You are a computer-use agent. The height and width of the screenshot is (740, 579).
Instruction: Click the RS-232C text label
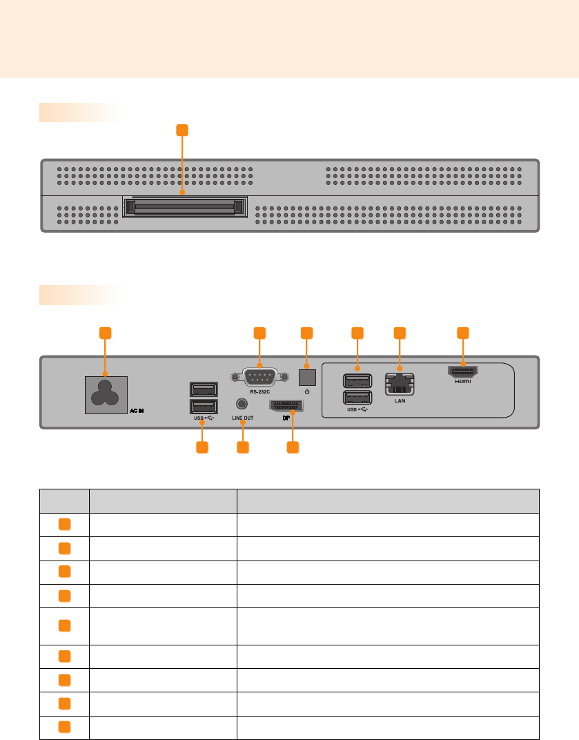point(259,391)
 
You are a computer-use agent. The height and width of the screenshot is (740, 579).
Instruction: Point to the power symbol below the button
point(306,391)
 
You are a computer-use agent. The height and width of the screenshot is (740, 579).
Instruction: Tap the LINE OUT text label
point(242,418)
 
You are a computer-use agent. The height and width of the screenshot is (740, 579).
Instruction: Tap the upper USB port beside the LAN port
point(357,381)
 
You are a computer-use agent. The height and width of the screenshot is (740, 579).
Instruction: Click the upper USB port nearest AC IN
point(203,389)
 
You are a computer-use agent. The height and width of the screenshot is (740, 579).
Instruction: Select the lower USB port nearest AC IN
point(203,407)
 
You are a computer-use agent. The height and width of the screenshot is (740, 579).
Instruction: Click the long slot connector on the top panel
point(183,206)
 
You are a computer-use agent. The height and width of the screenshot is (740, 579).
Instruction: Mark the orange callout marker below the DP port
point(293,447)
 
